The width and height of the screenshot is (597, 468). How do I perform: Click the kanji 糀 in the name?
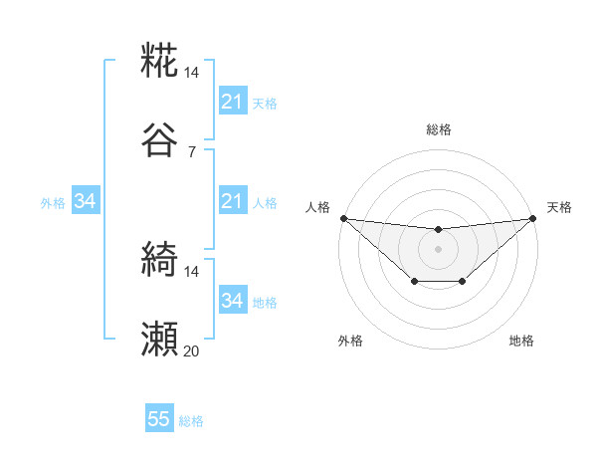[x=160, y=62]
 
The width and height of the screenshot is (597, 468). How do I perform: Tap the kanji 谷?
[x=160, y=139]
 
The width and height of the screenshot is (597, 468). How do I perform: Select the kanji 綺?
[x=160, y=261]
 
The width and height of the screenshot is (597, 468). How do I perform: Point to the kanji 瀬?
[x=160, y=340]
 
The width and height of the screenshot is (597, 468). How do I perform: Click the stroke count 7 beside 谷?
[x=192, y=151]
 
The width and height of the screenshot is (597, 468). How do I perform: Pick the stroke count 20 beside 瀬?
[x=192, y=351]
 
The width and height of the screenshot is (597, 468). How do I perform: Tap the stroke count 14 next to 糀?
[x=192, y=73]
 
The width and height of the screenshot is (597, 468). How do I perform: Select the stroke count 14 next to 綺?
[x=192, y=271]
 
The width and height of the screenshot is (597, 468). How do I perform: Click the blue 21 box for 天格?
[x=232, y=102]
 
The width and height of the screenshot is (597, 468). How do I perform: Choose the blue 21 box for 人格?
[x=232, y=202]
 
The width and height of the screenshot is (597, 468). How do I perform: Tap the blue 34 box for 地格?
[x=232, y=301]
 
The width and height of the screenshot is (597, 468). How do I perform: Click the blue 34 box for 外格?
[x=86, y=202]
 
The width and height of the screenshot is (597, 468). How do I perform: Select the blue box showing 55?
[x=159, y=419]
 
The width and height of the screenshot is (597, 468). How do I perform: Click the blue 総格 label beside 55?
[x=192, y=421]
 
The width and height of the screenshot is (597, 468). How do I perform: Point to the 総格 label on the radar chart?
[x=438, y=129]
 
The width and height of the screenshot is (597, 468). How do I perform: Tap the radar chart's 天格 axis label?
[x=559, y=207]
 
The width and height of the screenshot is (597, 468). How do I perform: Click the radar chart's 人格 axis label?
[x=316, y=207]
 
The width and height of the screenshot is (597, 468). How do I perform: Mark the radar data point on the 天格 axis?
[x=532, y=218]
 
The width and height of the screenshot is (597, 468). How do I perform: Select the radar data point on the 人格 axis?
[x=343, y=218]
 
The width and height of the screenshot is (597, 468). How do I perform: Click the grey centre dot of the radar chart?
[x=438, y=249]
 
